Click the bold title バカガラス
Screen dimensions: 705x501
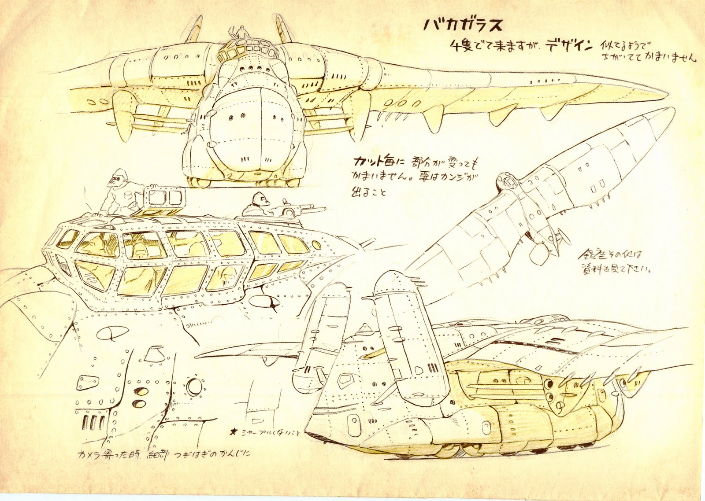click(x=463, y=26)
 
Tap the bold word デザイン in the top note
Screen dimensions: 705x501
click(x=568, y=46)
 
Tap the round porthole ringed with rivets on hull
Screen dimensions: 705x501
click(x=193, y=387)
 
